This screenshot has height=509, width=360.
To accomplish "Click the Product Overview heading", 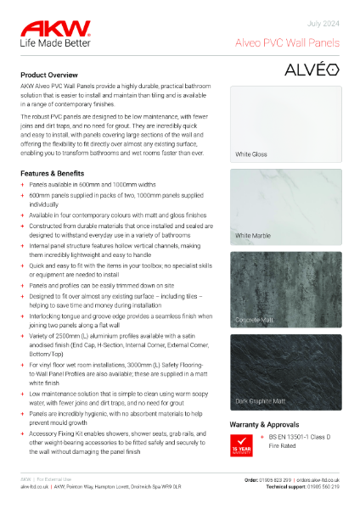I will [x=55, y=75].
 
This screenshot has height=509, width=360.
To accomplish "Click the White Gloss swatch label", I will [x=252, y=155].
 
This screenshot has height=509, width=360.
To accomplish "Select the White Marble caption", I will [x=254, y=235].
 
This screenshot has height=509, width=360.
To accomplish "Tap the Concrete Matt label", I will [x=255, y=320].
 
